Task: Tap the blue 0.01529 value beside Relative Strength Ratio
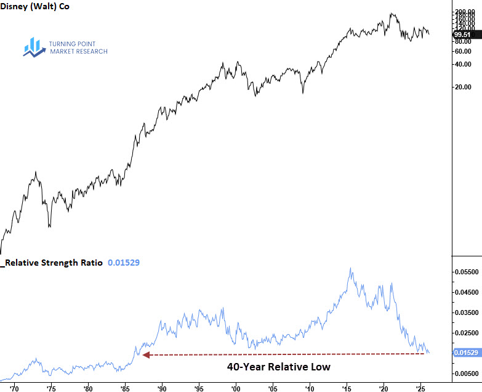pyautogui.click(x=124, y=263)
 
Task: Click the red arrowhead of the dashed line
pyautogui.click(x=146, y=354)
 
